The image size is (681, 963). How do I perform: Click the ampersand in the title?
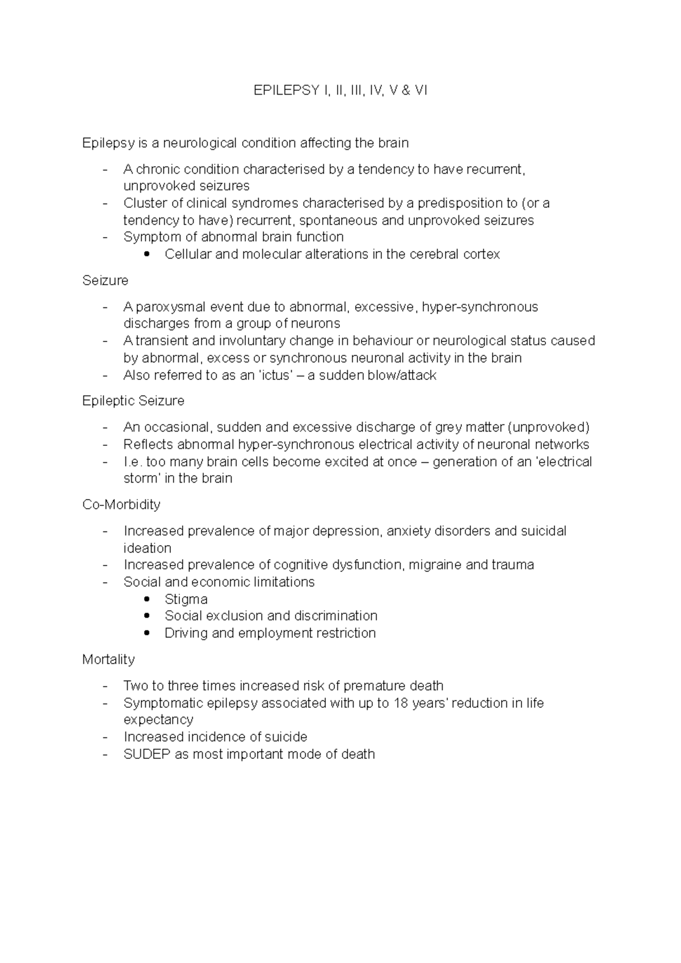(x=405, y=90)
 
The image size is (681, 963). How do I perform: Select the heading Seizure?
(x=105, y=281)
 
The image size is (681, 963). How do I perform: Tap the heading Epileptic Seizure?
(x=133, y=401)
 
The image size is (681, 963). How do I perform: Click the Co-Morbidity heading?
(x=121, y=505)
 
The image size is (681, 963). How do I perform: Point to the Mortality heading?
(x=108, y=660)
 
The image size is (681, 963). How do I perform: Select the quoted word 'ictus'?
(x=276, y=375)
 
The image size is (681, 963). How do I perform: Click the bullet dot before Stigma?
(x=148, y=599)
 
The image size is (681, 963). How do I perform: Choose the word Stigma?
(x=186, y=599)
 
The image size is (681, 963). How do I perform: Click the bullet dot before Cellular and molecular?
(x=148, y=255)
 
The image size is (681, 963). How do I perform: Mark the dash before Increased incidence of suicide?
(x=105, y=737)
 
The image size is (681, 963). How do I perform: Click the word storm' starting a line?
(x=141, y=479)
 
